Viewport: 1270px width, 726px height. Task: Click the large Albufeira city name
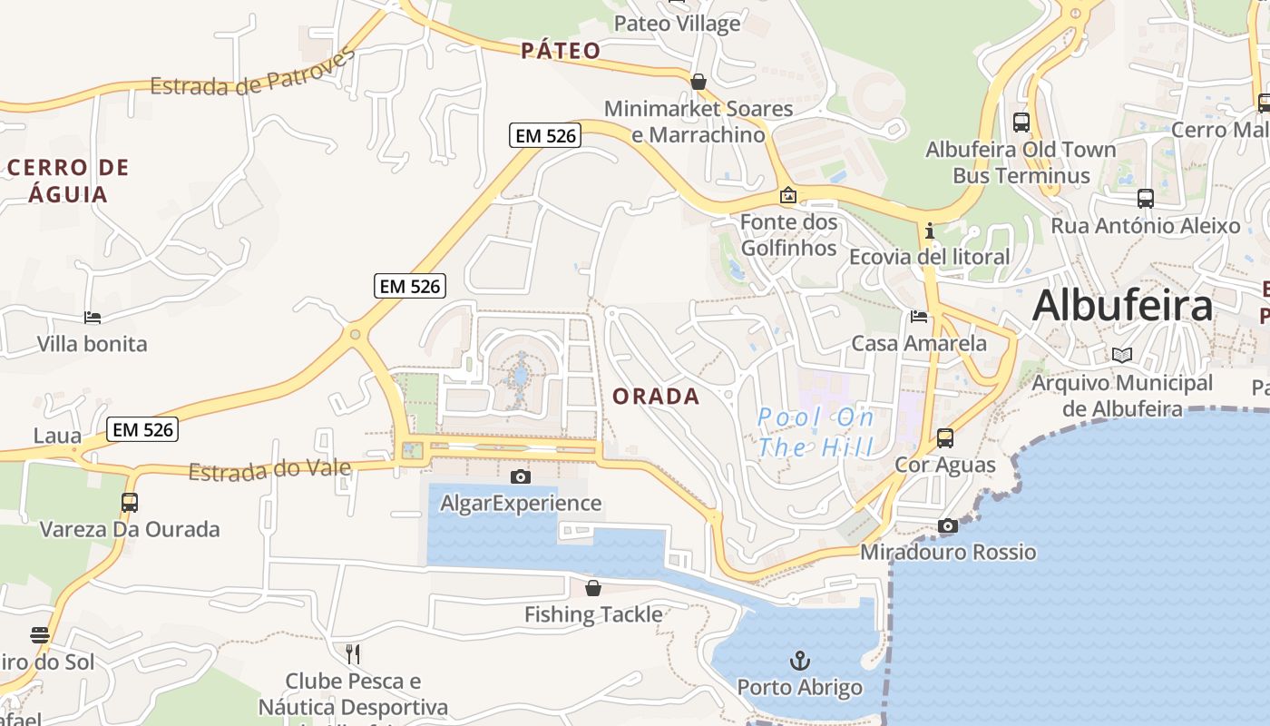(1122, 305)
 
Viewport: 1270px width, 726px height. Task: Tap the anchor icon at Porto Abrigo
(799, 660)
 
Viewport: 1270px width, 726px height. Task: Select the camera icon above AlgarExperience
(521, 476)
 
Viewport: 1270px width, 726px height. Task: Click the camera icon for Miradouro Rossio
(948, 525)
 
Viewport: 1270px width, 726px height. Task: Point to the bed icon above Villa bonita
(93, 318)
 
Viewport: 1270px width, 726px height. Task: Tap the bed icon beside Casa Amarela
(919, 317)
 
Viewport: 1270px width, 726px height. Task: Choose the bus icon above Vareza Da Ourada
(130, 502)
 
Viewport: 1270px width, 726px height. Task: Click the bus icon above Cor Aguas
(945, 438)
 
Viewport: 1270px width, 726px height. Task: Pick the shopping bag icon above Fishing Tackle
(593, 588)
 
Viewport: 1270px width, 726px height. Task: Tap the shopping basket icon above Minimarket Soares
(698, 82)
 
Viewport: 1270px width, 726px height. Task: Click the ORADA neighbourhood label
(656, 397)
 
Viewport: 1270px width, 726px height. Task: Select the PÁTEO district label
(561, 51)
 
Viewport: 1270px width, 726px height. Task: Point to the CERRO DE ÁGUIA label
(69, 181)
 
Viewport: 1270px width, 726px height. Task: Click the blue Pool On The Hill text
(816, 432)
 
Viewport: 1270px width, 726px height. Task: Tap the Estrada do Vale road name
(269, 470)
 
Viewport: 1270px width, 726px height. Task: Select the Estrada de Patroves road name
(253, 75)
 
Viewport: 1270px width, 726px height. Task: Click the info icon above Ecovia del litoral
(929, 231)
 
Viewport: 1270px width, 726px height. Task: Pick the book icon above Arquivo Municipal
(1122, 355)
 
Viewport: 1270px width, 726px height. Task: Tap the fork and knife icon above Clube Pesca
(353, 652)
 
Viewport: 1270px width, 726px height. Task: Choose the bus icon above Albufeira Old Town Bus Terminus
(1021, 122)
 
